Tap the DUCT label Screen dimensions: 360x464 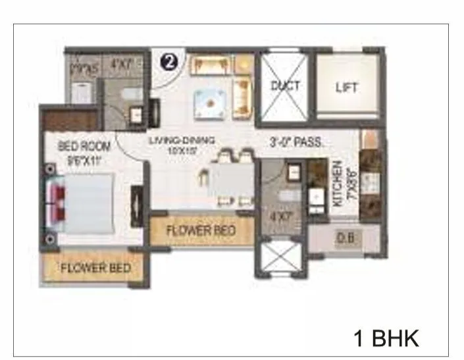point(285,86)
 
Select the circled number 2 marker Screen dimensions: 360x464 point(169,63)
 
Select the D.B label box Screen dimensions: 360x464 point(344,238)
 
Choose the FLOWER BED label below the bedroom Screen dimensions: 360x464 point(95,269)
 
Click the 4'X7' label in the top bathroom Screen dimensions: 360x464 point(122,65)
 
